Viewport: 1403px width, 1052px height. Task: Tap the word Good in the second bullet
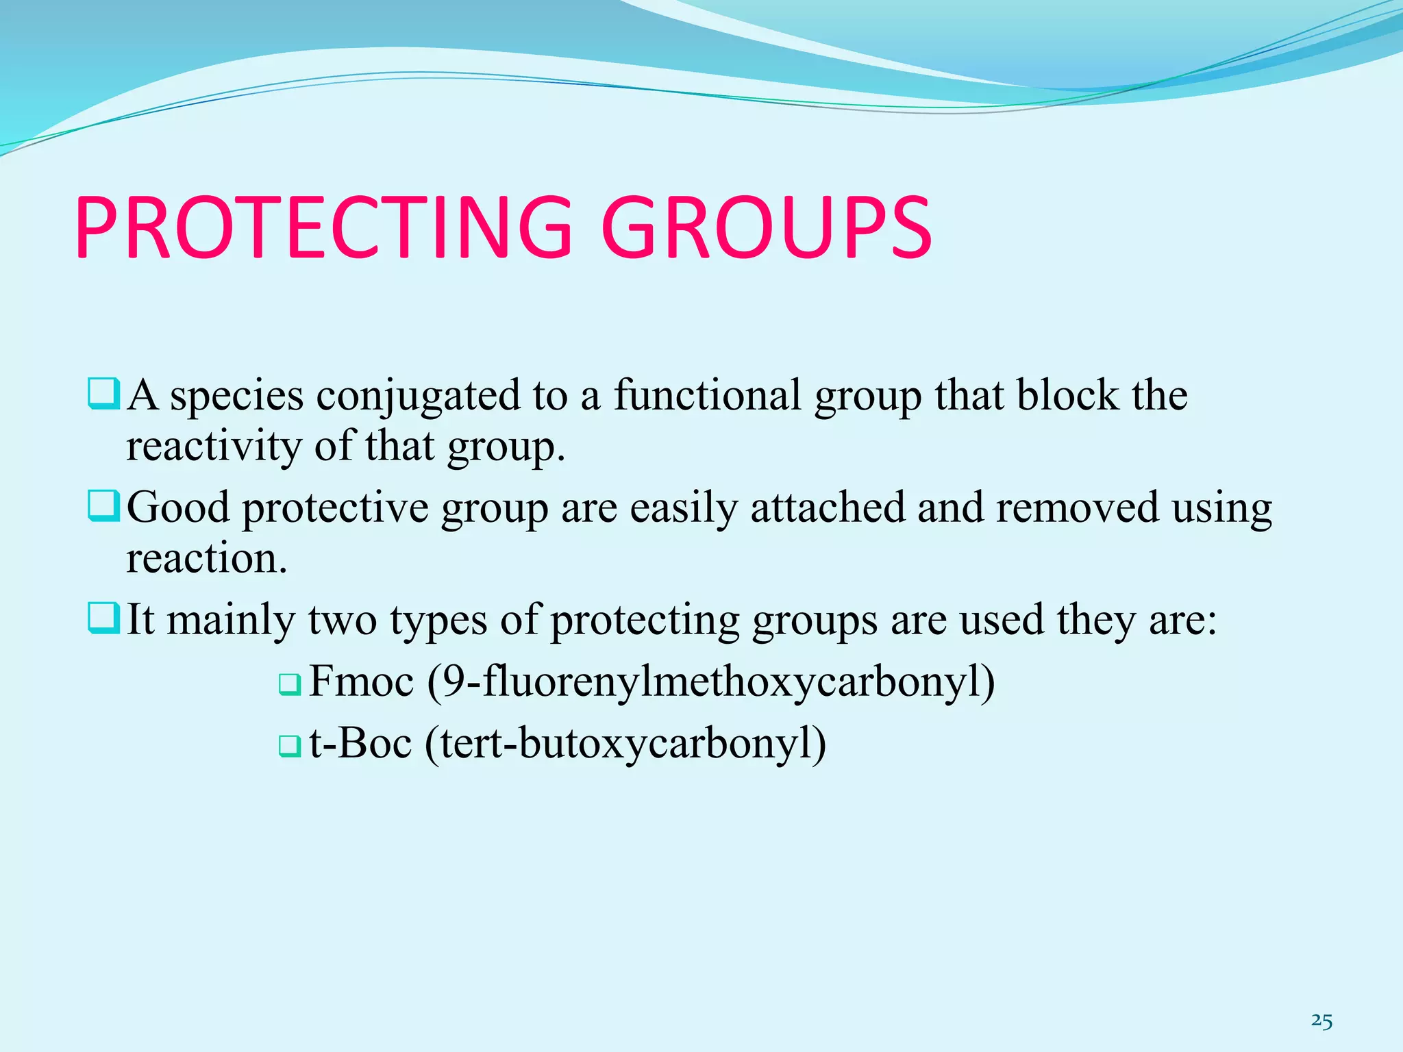point(178,508)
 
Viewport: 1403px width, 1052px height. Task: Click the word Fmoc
point(362,682)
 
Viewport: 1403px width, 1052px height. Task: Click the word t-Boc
point(360,744)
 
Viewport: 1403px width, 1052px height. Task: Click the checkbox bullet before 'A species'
point(104,395)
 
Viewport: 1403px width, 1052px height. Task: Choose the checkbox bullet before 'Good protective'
point(104,508)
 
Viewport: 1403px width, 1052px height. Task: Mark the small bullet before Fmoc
point(289,684)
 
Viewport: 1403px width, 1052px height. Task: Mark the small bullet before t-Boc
point(289,746)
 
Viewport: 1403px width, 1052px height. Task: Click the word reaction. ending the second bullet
point(206,559)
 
